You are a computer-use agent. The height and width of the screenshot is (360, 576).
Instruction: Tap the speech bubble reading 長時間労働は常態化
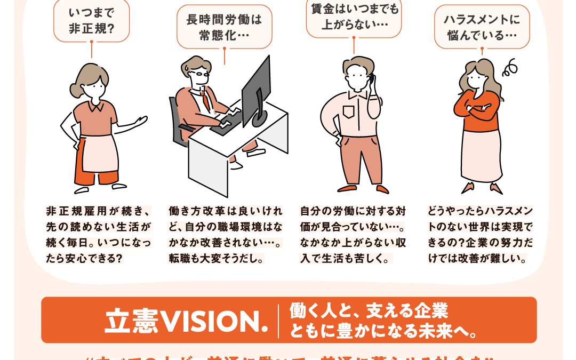224,27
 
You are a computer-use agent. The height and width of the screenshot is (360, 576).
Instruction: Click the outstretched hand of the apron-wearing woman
141,121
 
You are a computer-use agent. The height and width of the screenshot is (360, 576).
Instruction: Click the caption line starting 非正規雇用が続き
98,211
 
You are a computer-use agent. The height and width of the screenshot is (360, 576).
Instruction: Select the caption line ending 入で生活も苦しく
346,259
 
